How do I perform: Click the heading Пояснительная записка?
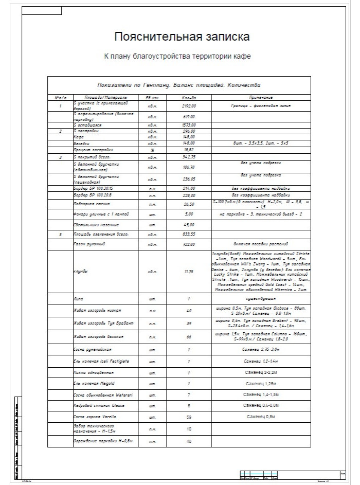182,37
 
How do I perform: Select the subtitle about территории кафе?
182,56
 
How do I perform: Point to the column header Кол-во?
189,97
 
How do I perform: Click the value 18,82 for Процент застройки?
189,149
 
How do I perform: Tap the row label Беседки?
83,143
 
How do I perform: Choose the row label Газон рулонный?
89,244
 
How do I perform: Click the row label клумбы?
81,271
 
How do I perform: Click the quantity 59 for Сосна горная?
189,416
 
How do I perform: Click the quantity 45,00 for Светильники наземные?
189,225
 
